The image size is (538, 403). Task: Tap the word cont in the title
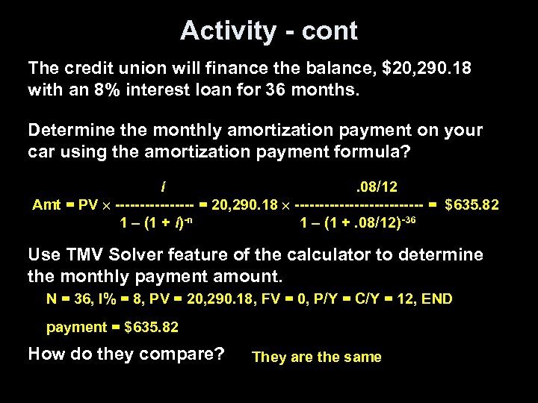click(x=330, y=31)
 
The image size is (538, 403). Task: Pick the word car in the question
click(x=41, y=152)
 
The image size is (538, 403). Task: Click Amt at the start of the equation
click(x=46, y=204)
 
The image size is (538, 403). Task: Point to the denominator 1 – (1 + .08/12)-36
click(x=356, y=222)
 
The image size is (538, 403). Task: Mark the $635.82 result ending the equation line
click(x=472, y=204)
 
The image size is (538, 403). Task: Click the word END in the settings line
click(x=437, y=299)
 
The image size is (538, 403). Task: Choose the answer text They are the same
click(x=317, y=357)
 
